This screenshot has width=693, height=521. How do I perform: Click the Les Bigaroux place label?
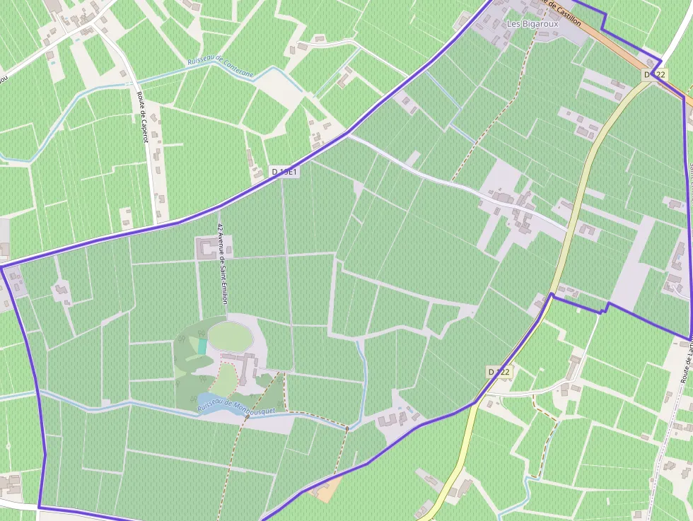532,23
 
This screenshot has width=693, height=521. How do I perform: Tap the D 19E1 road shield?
285,172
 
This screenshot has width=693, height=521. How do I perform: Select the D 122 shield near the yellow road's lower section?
499,371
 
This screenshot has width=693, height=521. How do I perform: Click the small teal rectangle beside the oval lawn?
202,346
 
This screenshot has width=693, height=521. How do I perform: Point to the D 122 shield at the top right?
655,74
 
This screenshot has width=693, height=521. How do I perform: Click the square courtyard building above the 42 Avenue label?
207,247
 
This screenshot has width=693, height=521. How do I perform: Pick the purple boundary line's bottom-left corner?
38,507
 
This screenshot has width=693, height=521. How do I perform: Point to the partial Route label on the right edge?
685,361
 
